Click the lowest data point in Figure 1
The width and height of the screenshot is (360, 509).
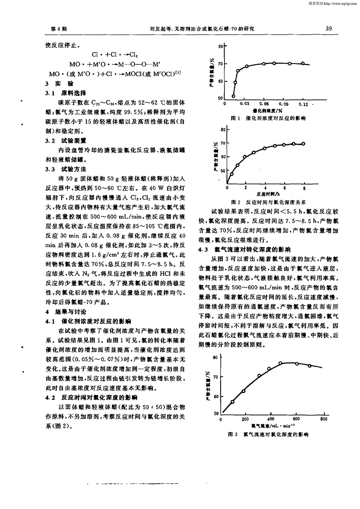(234, 96)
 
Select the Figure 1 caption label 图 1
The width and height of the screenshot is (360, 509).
(234, 117)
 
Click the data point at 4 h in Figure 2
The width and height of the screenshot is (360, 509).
(265, 148)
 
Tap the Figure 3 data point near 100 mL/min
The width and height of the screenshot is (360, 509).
(232, 402)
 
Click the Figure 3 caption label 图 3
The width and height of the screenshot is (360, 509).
(232, 434)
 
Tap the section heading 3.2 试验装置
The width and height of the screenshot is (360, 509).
(63, 141)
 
